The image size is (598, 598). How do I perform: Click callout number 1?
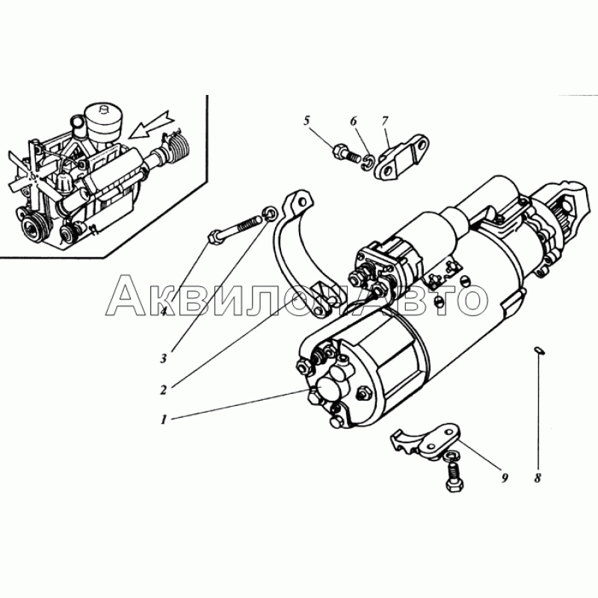(164, 420)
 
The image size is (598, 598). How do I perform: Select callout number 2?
(164, 389)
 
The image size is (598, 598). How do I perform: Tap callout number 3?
(164, 359)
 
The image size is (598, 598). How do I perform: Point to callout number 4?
(164, 312)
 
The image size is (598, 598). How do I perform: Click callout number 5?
(307, 121)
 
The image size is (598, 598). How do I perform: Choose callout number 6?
(354, 121)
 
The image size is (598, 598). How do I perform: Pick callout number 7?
(384, 121)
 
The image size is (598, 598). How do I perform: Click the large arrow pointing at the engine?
(149, 124)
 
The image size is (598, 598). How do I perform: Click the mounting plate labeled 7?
(402, 158)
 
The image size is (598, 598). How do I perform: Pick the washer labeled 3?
(270, 213)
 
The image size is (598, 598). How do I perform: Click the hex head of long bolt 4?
(215, 236)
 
